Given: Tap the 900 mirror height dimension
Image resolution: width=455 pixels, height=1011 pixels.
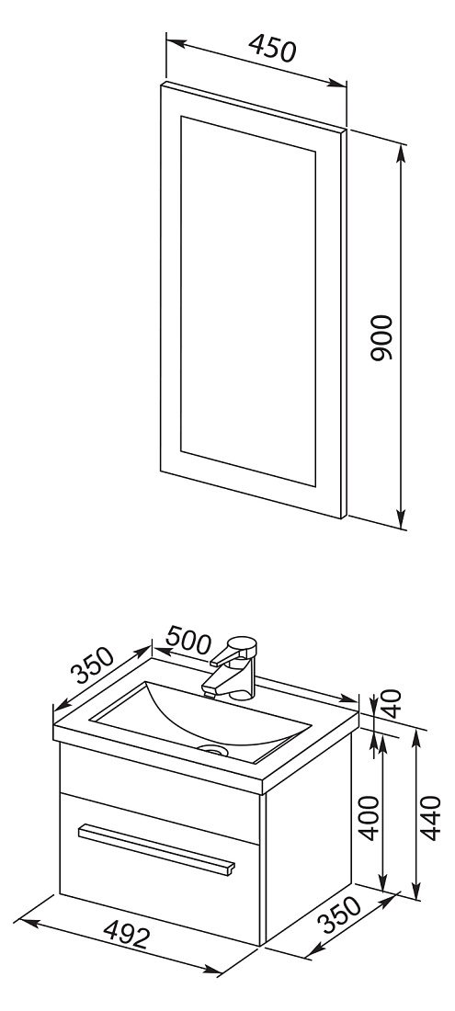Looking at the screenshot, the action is click(381, 337).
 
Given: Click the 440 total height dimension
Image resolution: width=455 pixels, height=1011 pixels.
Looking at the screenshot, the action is click(430, 818).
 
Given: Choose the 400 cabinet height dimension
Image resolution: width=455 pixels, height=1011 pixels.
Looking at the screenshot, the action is click(369, 818).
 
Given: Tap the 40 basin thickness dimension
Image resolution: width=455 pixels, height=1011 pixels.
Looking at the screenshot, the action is click(392, 704).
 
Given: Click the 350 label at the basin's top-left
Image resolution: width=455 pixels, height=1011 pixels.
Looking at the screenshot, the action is click(92, 665).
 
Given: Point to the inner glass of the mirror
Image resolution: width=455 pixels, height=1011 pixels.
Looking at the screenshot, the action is click(248, 301).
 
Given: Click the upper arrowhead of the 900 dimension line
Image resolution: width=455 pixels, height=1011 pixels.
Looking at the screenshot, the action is click(402, 153).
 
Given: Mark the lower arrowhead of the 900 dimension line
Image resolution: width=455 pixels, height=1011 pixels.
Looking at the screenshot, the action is click(402, 519).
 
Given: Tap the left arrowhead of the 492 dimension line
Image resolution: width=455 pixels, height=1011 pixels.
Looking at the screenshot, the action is click(23, 921).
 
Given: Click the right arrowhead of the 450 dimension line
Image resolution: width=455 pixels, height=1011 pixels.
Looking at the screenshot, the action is click(337, 83).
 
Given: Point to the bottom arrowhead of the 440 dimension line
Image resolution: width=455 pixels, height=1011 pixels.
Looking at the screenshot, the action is click(416, 891).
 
